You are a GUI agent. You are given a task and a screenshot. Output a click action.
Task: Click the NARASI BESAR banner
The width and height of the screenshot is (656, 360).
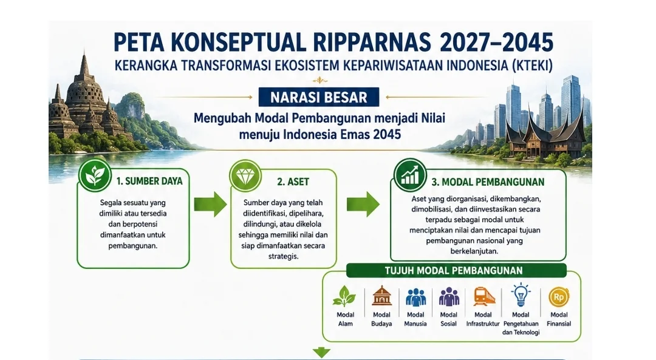[x=319, y=97]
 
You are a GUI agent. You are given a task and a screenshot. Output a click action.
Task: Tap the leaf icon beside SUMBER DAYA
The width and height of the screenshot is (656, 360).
[x=95, y=175]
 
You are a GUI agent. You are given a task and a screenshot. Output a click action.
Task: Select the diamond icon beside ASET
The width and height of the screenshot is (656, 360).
[x=245, y=175]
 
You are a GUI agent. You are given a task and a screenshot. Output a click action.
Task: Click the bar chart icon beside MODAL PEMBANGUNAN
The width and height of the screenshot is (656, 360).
[x=410, y=175]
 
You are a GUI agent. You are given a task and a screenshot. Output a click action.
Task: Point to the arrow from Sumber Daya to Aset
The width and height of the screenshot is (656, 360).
[x=210, y=205]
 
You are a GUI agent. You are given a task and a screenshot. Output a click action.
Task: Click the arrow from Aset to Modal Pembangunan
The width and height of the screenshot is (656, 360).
[x=363, y=205]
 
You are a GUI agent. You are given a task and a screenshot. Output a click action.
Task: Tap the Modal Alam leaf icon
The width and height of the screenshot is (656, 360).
[x=345, y=296]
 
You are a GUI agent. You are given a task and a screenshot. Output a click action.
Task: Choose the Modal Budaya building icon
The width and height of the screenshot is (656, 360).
[x=381, y=296]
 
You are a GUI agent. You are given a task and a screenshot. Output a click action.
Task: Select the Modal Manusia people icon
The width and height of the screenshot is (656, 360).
[x=415, y=297]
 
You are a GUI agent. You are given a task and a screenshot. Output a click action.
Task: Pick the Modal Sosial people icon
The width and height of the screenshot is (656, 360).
[x=449, y=297]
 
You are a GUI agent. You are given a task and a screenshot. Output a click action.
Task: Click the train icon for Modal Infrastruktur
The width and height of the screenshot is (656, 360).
[x=484, y=296]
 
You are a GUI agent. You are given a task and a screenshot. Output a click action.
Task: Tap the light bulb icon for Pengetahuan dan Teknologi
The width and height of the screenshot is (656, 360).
[x=521, y=295]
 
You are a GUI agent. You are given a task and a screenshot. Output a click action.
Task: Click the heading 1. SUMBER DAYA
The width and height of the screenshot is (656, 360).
[x=149, y=181]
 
